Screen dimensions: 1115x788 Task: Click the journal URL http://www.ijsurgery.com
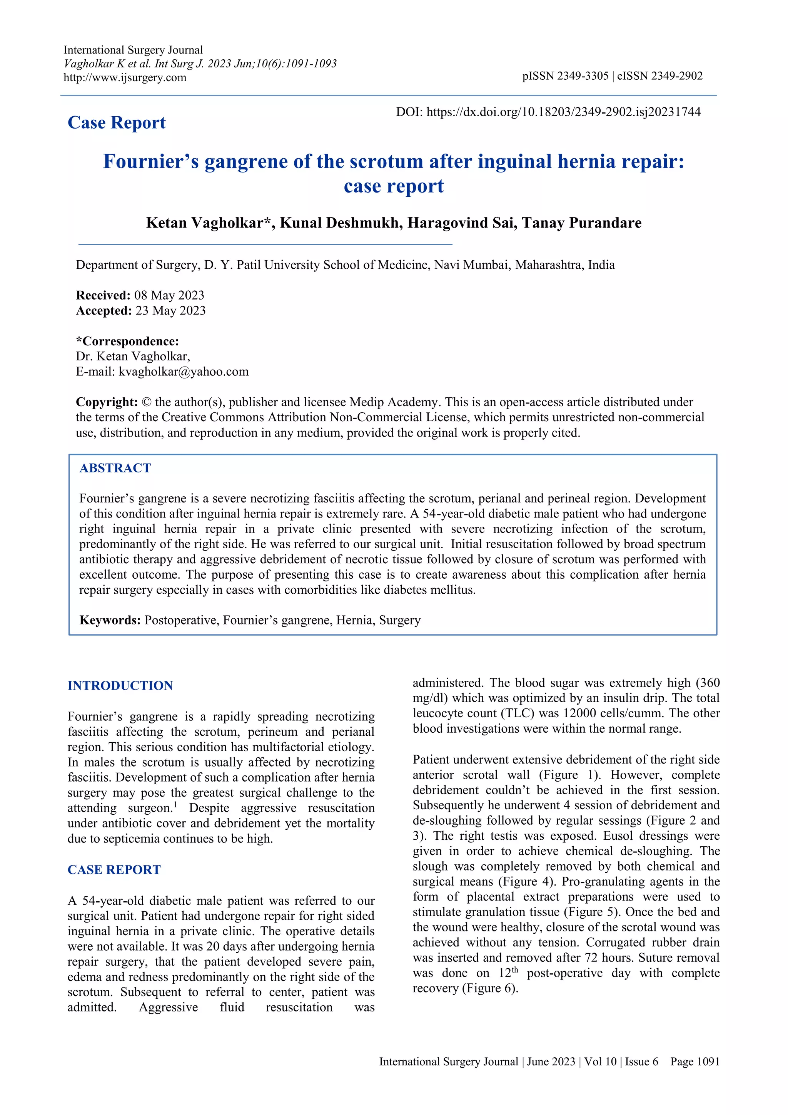pos(125,78)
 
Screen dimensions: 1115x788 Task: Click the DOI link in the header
pos(563,112)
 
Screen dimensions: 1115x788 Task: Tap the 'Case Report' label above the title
pos(117,123)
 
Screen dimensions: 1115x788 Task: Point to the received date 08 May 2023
pos(169,295)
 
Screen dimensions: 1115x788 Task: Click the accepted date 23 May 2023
pos(170,311)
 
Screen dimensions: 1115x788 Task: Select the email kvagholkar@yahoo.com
pos(184,372)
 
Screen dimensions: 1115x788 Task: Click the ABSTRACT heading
pos(115,468)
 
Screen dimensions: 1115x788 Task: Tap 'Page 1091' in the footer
pos(695,1061)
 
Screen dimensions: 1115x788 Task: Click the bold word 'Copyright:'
pos(107,402)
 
